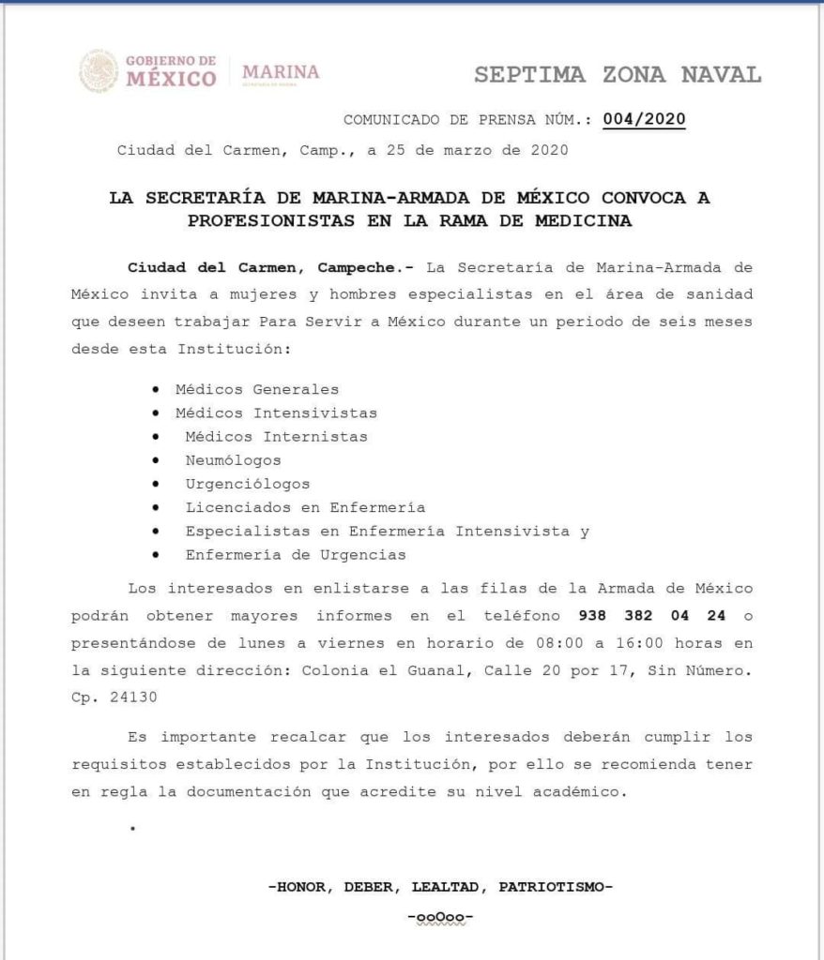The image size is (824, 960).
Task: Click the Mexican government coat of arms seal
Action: pos(99,71)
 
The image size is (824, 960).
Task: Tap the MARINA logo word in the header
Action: pos(281,72)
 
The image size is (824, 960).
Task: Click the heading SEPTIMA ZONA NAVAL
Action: pos(618,75)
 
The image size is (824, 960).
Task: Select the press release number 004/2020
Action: pos(644,119)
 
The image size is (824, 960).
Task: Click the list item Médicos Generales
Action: pos(256,388)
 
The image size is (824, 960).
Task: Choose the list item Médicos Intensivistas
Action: pos(275,412)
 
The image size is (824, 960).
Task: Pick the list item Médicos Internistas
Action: pos(276,436)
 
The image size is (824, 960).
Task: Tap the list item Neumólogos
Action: pos(233,460)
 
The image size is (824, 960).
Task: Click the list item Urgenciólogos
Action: pos(247,484)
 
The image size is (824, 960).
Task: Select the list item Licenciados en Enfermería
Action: pos(305,507)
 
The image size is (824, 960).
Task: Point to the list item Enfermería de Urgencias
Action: pos(296,555)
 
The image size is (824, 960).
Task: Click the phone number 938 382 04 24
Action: pos(648,617)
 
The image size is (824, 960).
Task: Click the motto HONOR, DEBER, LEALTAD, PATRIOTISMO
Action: pos(440,886)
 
